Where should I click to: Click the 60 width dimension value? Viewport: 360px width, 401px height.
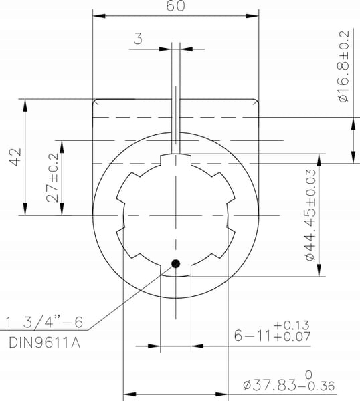[x=175, y=6]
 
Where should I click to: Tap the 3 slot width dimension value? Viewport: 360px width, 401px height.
[x=138, y=39]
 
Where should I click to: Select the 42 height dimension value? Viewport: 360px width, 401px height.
[x=15, y=157]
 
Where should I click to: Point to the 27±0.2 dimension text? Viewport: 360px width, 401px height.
[x=52, y=178]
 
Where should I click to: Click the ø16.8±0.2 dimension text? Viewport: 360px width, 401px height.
[x=343, y=66]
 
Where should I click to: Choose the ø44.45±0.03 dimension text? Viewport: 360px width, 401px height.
[x=310, y=215]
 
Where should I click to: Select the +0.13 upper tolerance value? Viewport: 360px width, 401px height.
[x=292, y=325]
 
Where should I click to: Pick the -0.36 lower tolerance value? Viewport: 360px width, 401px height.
[x=320, y=386]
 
